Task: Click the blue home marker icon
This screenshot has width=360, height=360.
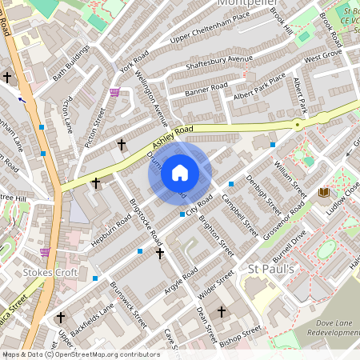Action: pyautogui.click(x=180, y=173)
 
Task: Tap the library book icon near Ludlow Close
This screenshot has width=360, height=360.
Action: pyautogui.click(x=323, y=193)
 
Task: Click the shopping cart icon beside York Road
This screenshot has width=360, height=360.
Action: pyautogui.click(x=115, y=92)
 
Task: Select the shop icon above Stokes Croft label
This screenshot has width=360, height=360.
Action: pyautogui.click(x=45, y=251)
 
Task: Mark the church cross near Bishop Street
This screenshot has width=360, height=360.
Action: pyautogui.click(x=222, y=311)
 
